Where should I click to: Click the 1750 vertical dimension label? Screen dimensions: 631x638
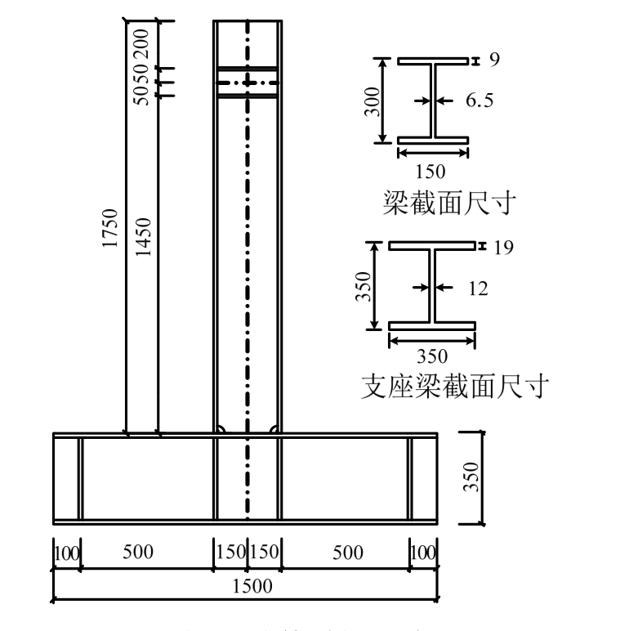(x=112, y=231)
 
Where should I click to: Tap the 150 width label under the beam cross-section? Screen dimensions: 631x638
(x=431, y=172)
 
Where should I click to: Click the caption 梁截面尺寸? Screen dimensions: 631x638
(x=448, y=203)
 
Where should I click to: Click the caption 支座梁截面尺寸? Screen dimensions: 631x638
(x=453, y=386)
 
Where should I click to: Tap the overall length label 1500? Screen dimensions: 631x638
(x=245, y=586)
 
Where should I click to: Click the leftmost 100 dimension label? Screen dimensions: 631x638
(x=66, y=552)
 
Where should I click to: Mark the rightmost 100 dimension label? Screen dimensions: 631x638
(x=423, y=552)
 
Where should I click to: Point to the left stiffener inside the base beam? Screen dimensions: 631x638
(x=80, y=478)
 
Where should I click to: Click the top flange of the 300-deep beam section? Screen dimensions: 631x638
(x=432, y=60)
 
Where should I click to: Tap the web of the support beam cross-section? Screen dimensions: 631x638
(x=431, y=287)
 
